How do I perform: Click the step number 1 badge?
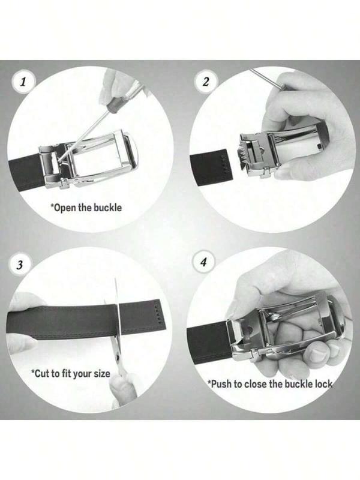(x=23, y=82)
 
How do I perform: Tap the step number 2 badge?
(x=206, y=82)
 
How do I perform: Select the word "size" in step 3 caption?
(x=101, y=373)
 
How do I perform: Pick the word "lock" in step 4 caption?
(x=321, y=383)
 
